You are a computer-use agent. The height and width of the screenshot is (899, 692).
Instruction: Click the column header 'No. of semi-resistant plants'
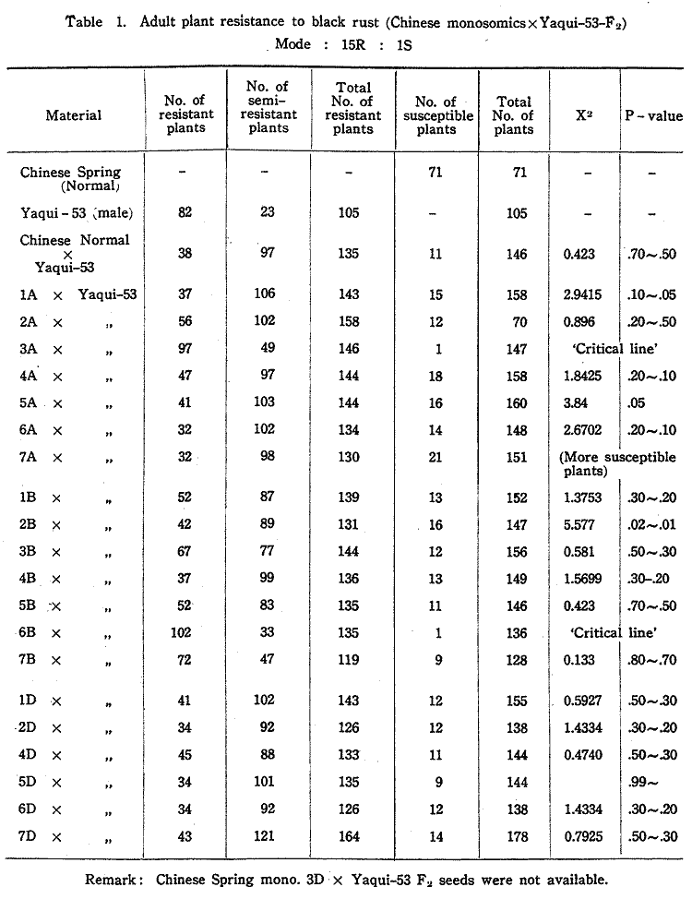click(x=267, y=107)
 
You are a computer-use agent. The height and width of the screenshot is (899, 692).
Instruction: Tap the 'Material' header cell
click(x=74, y=115)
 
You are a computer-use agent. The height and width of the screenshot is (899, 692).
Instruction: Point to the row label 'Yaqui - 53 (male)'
click(x=77, y=213)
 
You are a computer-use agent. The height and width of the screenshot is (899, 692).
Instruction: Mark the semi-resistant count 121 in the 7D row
click(x=267, y=837)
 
